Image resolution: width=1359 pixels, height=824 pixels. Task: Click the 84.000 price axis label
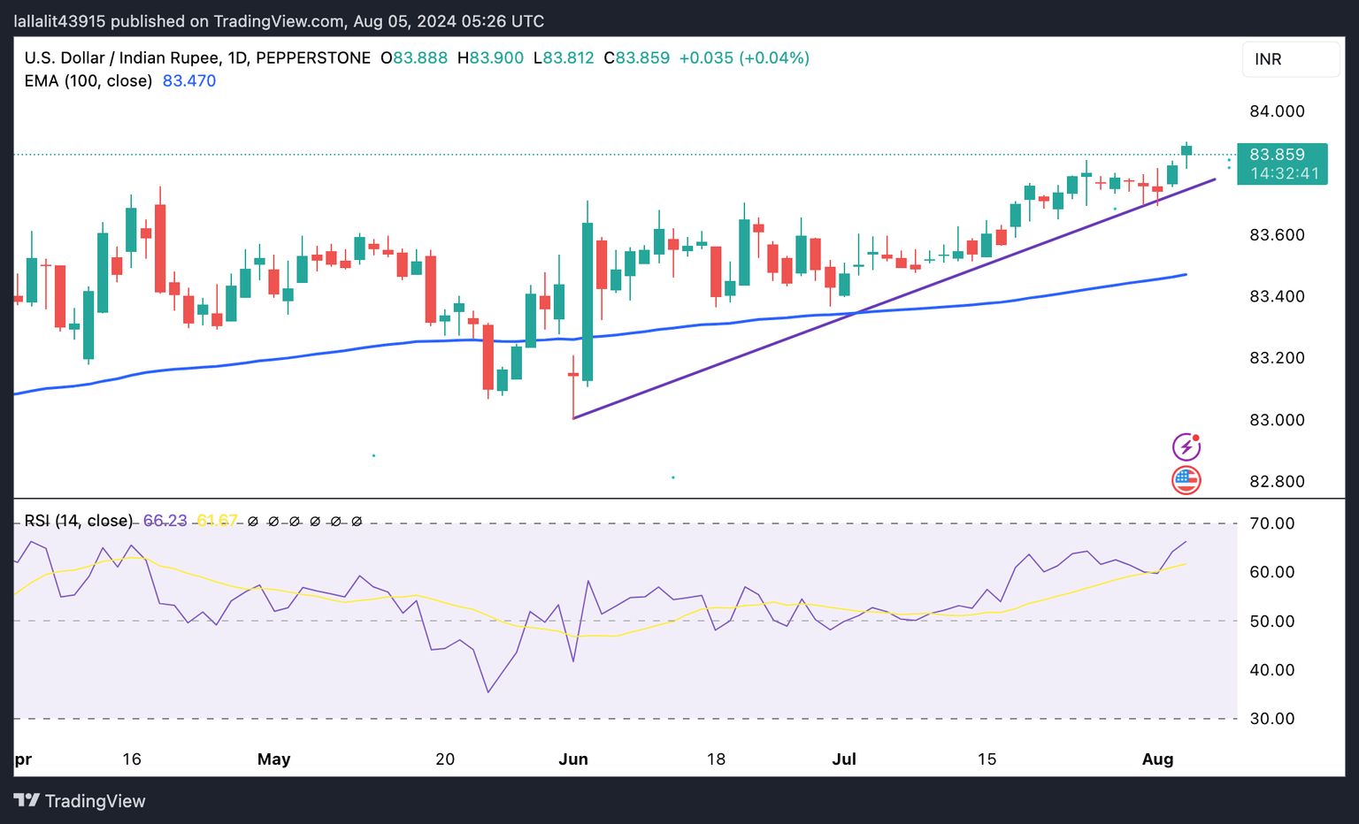1276,111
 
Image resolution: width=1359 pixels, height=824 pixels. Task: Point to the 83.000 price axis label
1276,420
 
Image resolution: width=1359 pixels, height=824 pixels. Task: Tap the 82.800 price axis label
1276,482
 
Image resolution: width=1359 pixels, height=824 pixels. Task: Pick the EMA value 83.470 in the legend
189,81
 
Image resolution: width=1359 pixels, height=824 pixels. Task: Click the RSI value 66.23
165,521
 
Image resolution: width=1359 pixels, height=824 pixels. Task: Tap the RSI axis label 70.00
1271,523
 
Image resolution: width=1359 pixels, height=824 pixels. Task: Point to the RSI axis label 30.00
1271,719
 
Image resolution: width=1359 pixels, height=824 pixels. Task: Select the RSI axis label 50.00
1271,622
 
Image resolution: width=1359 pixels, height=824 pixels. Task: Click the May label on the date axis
273,759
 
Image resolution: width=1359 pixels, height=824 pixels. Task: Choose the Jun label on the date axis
573,759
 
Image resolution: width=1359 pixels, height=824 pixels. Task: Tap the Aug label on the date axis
1157,759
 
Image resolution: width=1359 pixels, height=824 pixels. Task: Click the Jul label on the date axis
844,759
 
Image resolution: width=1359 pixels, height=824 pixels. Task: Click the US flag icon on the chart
1186,480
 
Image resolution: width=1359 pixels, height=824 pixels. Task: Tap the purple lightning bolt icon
1186,446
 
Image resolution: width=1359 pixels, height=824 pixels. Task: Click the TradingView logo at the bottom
80,801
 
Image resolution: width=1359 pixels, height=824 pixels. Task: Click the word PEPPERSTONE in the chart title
313,58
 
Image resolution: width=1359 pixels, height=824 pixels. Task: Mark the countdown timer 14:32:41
1285,174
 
